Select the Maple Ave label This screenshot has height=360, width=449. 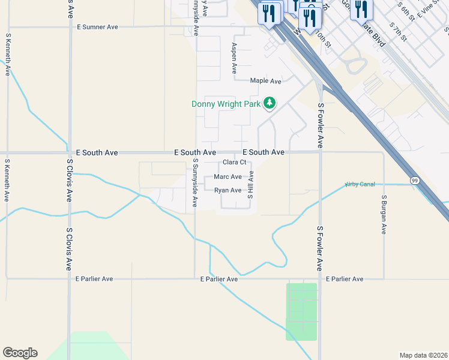pos(266,81)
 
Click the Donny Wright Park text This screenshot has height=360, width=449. pos(226,104)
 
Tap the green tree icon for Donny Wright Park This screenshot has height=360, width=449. pos(270,103)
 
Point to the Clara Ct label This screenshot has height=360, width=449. pos(235,162)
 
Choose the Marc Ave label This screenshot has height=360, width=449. pos(228,177)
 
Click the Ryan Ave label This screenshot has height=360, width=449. pos(228,190)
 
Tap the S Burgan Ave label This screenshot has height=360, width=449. pos(384,214)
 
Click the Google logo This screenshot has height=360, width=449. pos(20,353)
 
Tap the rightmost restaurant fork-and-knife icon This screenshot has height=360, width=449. pos(362,9)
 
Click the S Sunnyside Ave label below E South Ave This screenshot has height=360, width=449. pos(196,183)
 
